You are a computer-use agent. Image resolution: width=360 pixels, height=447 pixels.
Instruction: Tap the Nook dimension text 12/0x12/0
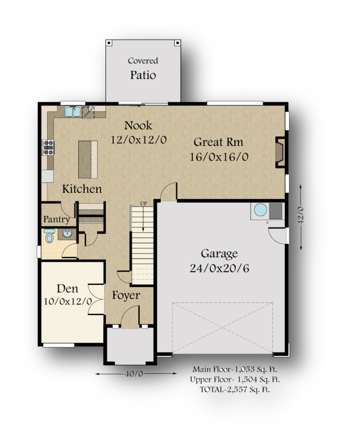139,140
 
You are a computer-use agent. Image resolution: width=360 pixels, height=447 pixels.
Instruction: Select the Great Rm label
218,142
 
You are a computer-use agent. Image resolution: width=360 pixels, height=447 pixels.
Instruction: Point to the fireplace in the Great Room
280,152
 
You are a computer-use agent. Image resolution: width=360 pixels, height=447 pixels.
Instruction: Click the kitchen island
88,159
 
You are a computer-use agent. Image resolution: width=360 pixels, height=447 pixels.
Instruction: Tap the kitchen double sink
73,111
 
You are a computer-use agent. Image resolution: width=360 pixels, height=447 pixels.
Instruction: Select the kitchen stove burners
48,147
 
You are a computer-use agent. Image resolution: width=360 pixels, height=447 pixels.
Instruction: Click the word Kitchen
82,189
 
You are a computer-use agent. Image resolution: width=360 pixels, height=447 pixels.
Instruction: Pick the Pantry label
57,219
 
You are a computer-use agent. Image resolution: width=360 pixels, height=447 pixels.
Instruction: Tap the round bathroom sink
67,233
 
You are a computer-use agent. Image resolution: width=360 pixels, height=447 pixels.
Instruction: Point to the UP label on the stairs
143,204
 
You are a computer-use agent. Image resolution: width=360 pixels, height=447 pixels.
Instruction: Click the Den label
67,289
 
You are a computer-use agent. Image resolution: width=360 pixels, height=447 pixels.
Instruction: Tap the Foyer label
126,295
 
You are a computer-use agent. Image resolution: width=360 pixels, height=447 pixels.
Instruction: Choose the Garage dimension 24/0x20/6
219,268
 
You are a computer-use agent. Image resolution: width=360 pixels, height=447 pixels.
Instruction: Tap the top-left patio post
109,43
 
